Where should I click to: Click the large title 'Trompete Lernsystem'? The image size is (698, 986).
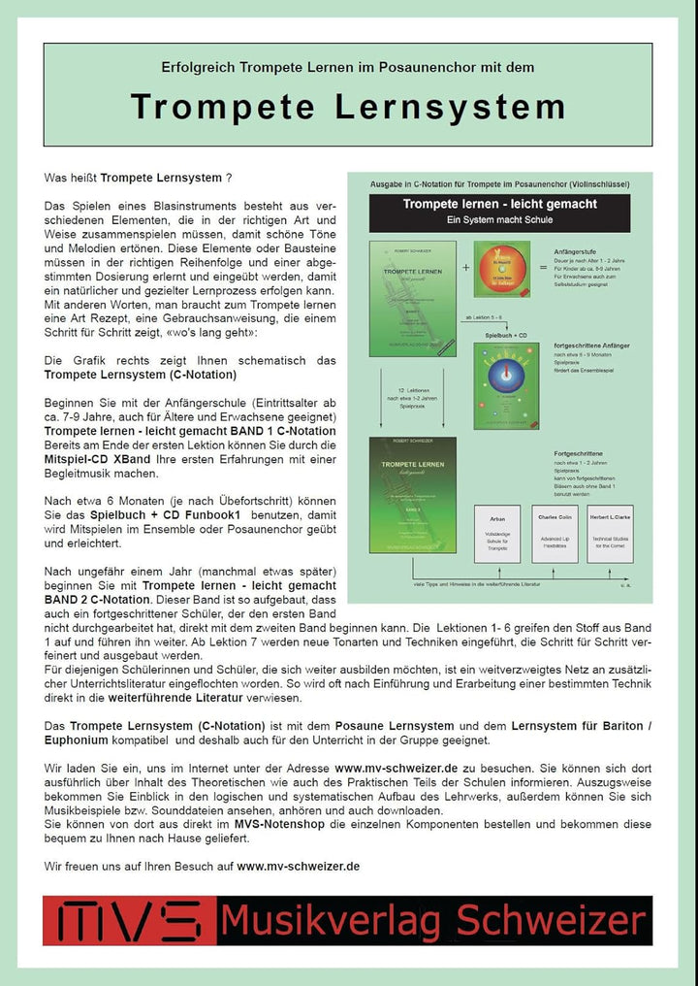click(347, 107)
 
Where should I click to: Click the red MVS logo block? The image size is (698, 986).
click(129, 920)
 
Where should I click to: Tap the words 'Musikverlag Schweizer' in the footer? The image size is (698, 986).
click(432, 920)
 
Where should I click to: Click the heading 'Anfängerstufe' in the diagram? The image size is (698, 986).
click(578, 250)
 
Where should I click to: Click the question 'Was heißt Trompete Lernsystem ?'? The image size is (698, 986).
click(139, 179)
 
